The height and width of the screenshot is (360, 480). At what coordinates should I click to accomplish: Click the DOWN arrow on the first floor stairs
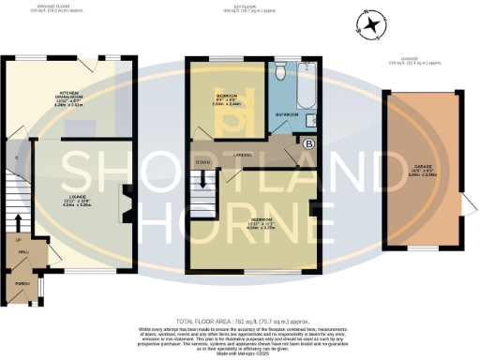point(202,160)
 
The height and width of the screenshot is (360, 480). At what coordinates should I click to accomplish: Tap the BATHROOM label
point(288,113)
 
